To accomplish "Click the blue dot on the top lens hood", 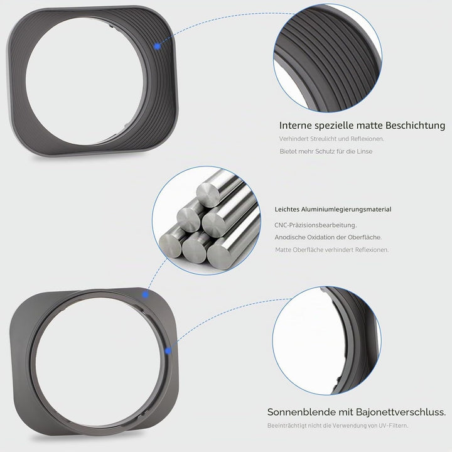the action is [157, 46].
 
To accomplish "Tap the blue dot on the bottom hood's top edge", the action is [146, 294].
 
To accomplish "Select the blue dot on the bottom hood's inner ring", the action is [168, 351].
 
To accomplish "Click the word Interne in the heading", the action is [296, 126].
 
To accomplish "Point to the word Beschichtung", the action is [415, 126].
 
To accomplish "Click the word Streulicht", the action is [318, 139].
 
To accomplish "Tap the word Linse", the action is [364, 151].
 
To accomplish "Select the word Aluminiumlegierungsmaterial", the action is [346, 210].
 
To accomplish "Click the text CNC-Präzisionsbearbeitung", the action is [316, 225].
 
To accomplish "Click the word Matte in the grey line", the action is [283, 250].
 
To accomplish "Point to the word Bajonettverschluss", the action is [401, 412].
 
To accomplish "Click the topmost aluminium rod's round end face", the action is [208, 195].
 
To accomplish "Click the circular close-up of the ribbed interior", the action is [328, 58].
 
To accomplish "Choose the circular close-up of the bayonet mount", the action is [326, 340].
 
